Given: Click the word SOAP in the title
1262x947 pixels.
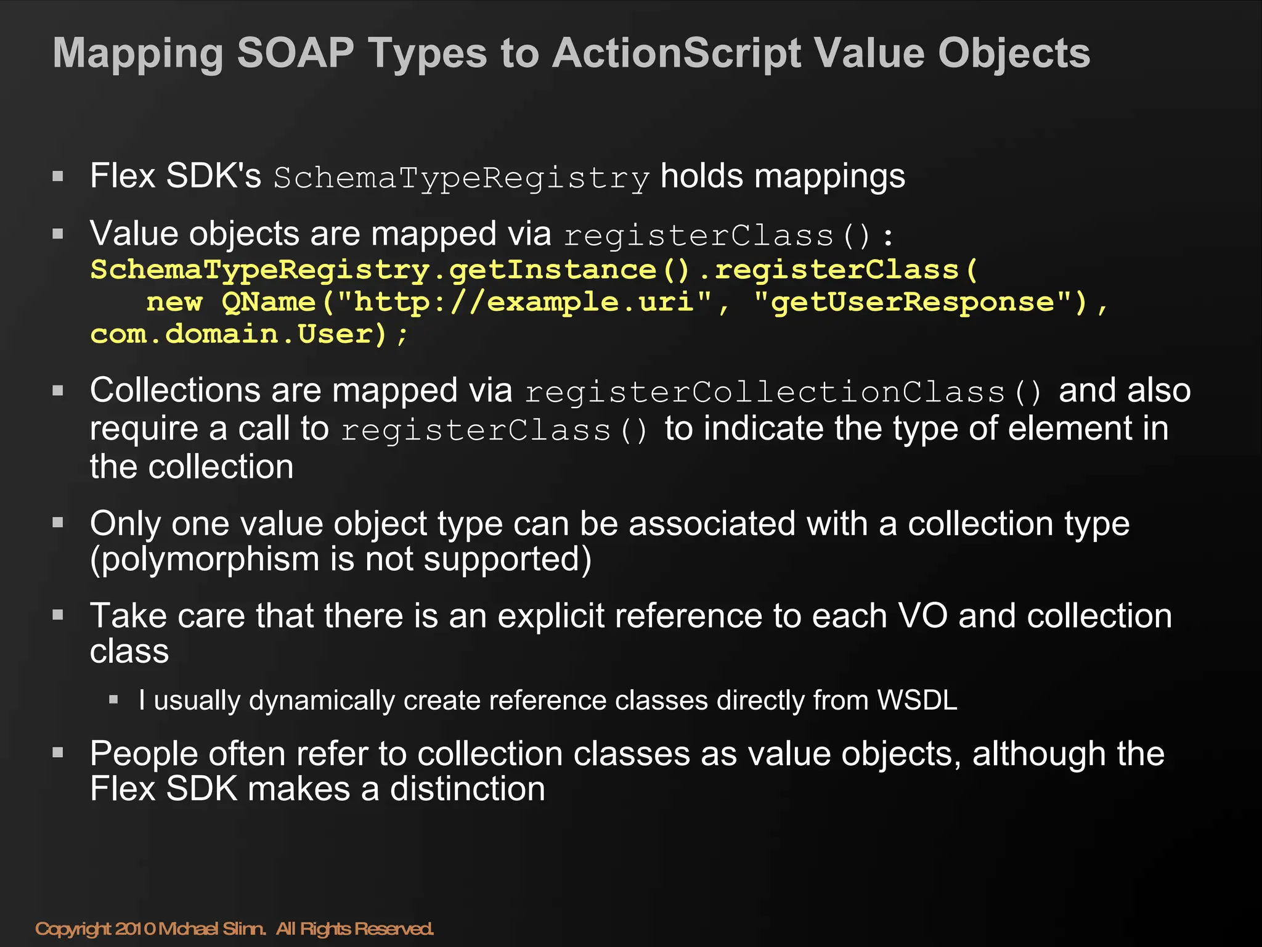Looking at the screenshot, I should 296,53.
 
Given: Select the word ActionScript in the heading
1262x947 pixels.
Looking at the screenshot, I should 676,54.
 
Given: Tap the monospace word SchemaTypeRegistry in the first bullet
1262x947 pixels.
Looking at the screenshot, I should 462,178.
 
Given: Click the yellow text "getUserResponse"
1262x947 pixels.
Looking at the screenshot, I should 913,302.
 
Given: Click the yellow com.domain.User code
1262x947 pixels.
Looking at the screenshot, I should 238,334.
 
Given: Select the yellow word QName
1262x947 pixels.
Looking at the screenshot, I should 267,302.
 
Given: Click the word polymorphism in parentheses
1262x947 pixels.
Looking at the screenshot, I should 210,560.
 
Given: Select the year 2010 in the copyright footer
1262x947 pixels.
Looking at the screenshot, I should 135,929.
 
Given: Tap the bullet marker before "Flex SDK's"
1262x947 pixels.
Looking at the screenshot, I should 59,177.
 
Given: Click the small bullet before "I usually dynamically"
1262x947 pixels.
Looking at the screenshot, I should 113,700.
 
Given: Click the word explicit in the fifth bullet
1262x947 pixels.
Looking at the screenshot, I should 551,616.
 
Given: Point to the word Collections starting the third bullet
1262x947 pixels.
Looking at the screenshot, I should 174,391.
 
